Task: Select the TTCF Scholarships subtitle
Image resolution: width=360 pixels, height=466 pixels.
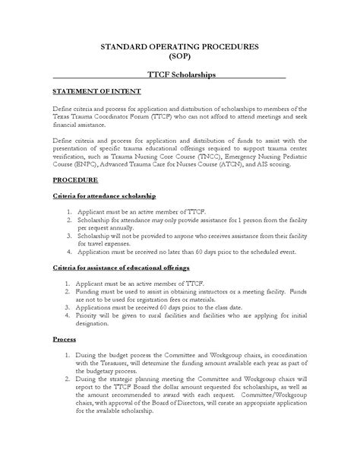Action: click(x=179, y=76)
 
